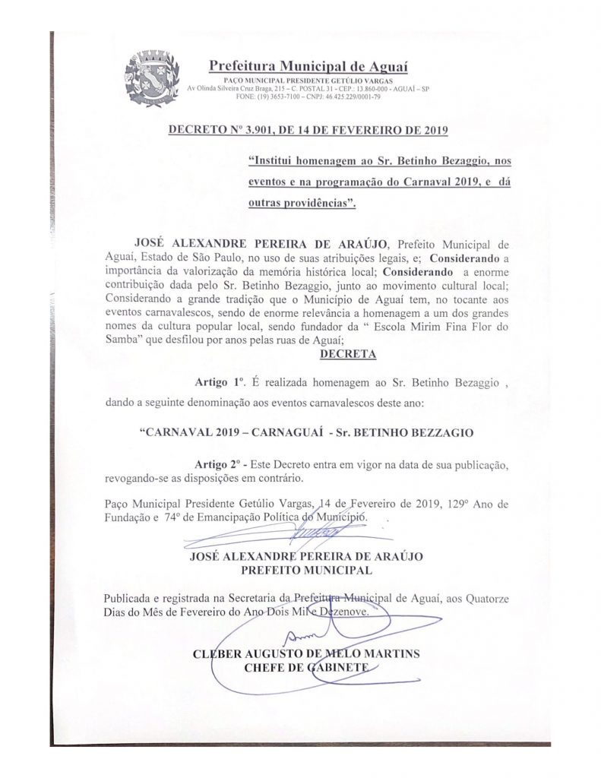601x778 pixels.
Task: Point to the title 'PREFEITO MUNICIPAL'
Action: (x=305, y=569)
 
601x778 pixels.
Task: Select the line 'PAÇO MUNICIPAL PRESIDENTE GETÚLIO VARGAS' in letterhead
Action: (x=307, y=81)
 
